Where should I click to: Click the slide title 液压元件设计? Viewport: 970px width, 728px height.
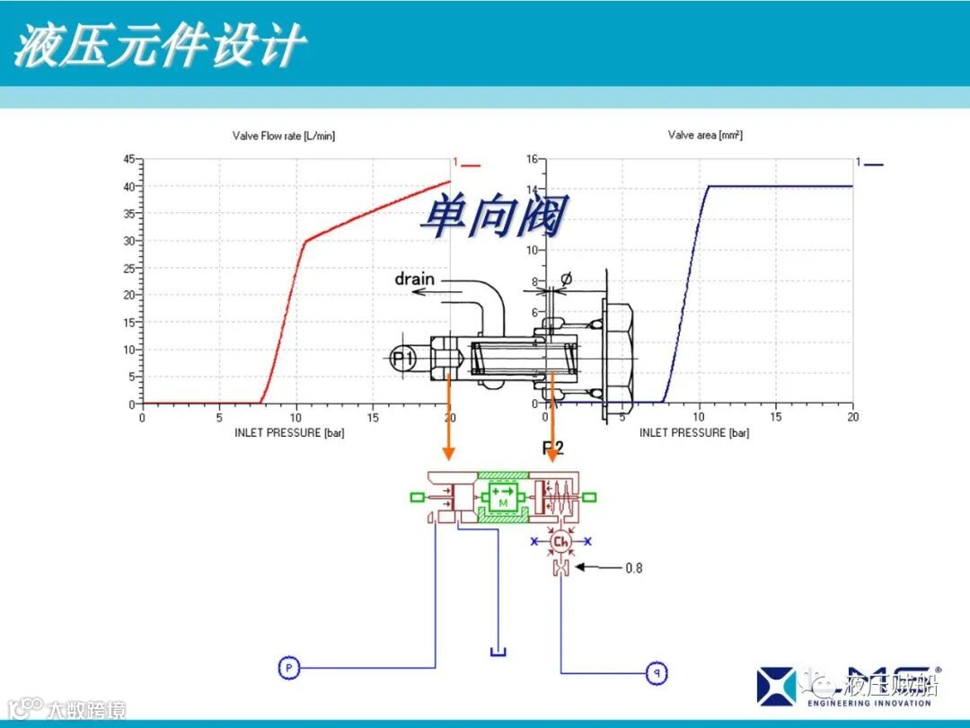click(160, 44)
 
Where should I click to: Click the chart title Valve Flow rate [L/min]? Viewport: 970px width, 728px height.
click(283, 136)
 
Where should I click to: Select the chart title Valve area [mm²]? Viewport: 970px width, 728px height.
click(705, 136)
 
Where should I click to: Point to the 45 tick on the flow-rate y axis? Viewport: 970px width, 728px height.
click(128, 159)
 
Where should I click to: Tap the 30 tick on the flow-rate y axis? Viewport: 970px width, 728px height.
click(128, 241)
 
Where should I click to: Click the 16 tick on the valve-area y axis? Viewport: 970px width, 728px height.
click(531, 159)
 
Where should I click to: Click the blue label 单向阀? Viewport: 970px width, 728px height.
click(493, 218)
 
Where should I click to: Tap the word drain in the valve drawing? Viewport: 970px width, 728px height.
click(414, 279)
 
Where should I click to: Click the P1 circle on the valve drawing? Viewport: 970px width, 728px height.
click(403, 358)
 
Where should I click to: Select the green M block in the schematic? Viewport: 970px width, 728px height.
click(503, 496)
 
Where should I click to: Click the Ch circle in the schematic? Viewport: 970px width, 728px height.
click(561, 541)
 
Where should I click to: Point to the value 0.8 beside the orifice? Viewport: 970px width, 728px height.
click(633, 568)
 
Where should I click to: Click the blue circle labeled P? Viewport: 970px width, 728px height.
click(288, 667)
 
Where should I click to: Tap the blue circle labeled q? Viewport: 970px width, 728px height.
click(657, 671)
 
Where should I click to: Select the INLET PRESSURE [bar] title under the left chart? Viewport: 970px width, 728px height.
click(289, 433)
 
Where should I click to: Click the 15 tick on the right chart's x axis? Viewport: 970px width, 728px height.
click(776, 417)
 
